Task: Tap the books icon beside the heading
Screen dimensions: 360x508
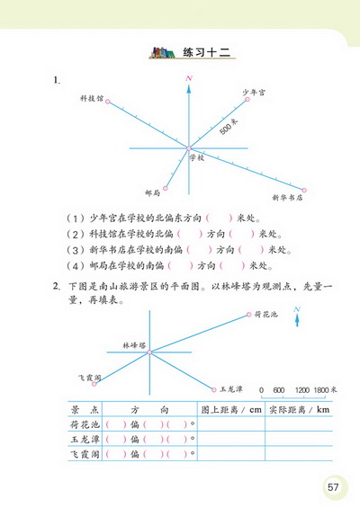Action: (164, 52)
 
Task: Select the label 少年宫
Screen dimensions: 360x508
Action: (254, 93)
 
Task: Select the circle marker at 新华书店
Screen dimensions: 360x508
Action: (304, 190)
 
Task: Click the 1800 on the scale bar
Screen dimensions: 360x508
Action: (323, 390)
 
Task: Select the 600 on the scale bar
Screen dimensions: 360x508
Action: (279, 390)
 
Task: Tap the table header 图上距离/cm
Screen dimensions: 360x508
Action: (231, 409)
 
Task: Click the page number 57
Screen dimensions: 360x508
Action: (333, 486)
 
